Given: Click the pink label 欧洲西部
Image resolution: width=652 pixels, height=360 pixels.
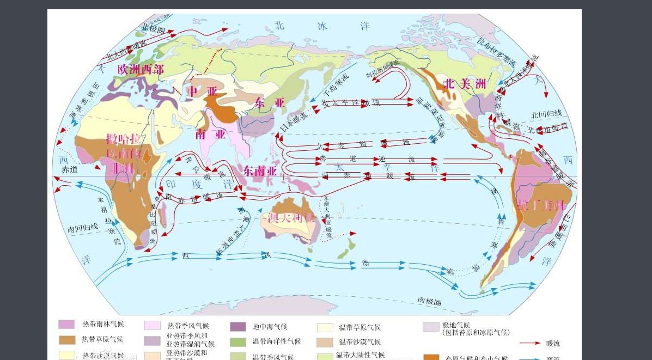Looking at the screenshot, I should click(x=141, y=69).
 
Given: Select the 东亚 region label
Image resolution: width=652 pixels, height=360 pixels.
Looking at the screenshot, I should click(x=270, y=102).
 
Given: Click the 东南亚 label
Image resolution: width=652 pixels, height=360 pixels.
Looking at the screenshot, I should click(x=260, y=170).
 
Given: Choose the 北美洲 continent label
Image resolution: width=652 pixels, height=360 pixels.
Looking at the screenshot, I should click(x=465, y=84).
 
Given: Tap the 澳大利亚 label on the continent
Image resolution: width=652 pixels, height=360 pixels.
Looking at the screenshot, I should click(x=291, y=218).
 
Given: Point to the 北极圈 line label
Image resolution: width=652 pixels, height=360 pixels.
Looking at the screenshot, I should click(x=153, y=26).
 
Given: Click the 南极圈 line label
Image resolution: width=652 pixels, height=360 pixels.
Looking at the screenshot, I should click(x=429, y=300).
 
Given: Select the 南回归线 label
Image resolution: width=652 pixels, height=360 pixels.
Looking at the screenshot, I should click(x=83, y=230).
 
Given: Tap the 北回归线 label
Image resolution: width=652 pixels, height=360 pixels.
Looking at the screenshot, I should click(x=550, y=114).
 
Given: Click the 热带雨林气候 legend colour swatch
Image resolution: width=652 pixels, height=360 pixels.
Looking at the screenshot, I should click(x=66, y=325).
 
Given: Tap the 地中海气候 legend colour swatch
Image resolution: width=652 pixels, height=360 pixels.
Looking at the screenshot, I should click(x=238, y=327).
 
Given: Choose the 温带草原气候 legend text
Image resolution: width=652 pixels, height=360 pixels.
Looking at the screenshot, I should click(x=359, y=327).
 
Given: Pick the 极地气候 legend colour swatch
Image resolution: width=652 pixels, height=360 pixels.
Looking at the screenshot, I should click(x=431, y=327).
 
